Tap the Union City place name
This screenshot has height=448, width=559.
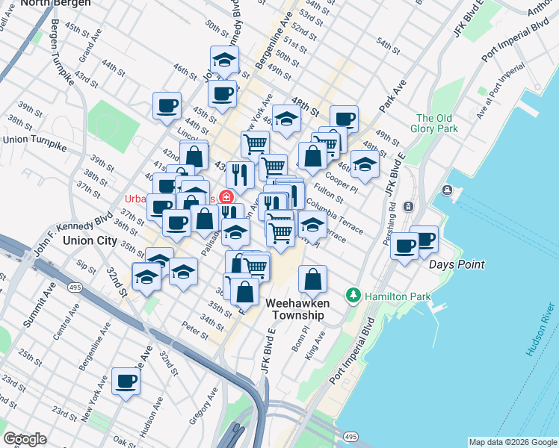pyautogui.click(x=90, y=240)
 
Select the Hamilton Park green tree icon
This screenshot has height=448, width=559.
pyautogui.click(x=354, y=296)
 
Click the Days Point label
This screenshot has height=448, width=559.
pyautogui.click(x=456, y=264)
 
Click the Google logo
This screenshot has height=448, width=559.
pyautogui.click(x=25, y=439)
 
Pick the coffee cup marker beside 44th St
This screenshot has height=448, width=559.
pyautogui.click(x=167, y=105)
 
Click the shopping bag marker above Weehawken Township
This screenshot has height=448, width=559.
pyautogui.click(x=313, y=279)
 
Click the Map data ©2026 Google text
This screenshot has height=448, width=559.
pyautogui.click(x=512, y=442)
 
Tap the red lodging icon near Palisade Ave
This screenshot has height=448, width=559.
pyautogui.click(x=226, y=197)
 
